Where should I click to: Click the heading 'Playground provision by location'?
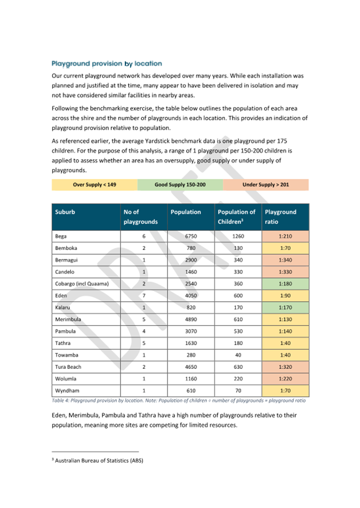(107, 64)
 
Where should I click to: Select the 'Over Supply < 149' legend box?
(94, 185)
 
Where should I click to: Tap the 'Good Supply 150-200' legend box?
(180, 185)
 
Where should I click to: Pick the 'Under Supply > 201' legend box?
(265, 185)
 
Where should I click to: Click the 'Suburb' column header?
(65, 212)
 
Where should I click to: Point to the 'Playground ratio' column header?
(285, 216)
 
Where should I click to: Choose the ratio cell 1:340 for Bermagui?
(285, 260)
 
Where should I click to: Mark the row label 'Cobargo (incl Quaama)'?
(82, 283)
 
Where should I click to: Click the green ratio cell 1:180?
(285, 283)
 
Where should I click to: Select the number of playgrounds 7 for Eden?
(143, 295)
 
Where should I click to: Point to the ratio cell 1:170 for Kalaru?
(285, 307)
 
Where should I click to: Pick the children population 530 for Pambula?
(238, 331)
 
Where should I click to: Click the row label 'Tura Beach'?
(68, 367)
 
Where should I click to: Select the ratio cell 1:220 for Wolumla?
(285, 378)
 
